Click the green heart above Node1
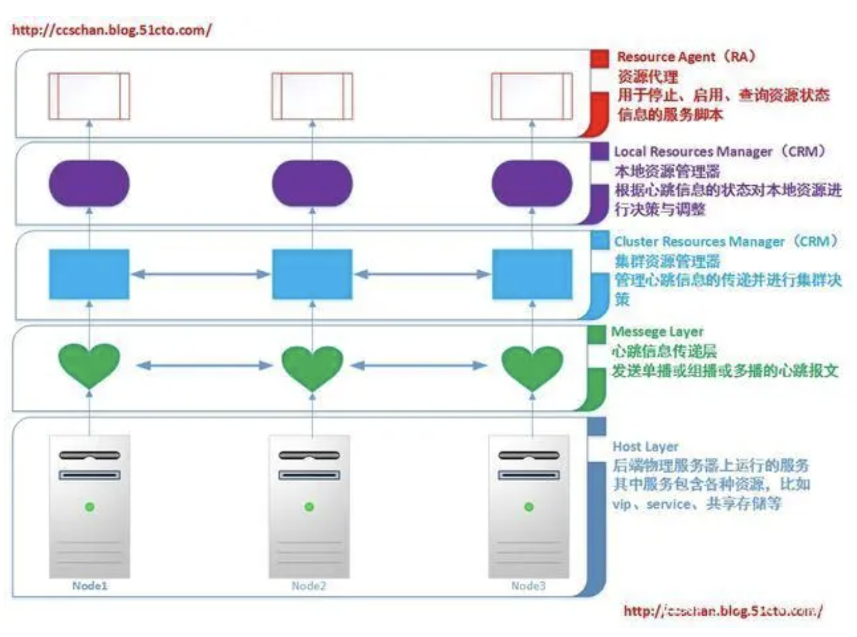pos(89,364)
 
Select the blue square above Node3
pos(532,274)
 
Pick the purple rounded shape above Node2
pos(312,183)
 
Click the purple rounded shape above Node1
pos(89,183)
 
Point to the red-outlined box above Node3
pos(532,96)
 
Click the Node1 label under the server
pos(89,586)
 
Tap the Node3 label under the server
pos(528,586)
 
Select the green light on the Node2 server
pos(309,506)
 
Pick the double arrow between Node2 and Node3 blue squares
pos(422,274)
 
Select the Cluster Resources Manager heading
pos(725,241)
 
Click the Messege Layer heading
pos(657,331)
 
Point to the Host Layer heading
pos(645,447)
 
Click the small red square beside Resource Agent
pos(599,58)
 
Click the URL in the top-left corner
pos(111,30)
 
